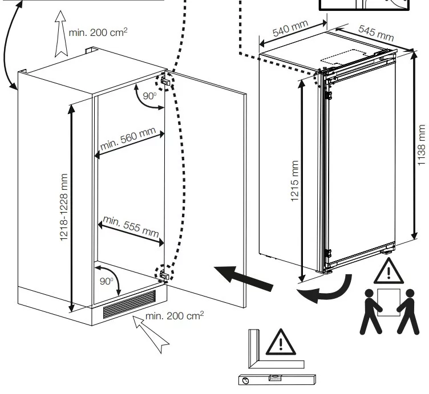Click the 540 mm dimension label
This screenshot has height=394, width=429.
(290, 28)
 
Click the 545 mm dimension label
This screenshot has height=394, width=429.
(376, 33)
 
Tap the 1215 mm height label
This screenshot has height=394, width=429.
(294, 181)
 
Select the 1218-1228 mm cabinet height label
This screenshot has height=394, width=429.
(63, 207)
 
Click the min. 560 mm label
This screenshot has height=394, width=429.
(128, 139)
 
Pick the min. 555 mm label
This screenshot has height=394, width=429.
(131, 226)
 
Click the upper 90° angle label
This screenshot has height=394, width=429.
(149, 96)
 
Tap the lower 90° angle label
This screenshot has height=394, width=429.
(106, 281)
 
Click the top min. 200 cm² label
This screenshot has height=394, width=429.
(98, 33)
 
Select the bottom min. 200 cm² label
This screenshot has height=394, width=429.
(175, 316)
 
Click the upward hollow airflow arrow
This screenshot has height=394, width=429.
(61, 34)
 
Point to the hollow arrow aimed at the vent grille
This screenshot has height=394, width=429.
(151, 334)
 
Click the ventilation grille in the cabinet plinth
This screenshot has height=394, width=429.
(129, 304)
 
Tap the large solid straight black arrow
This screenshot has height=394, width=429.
(244, 278)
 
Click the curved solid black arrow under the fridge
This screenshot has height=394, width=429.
(325, 290)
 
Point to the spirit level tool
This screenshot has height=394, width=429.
(277, 380)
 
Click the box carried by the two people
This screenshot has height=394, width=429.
(388, 302)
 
